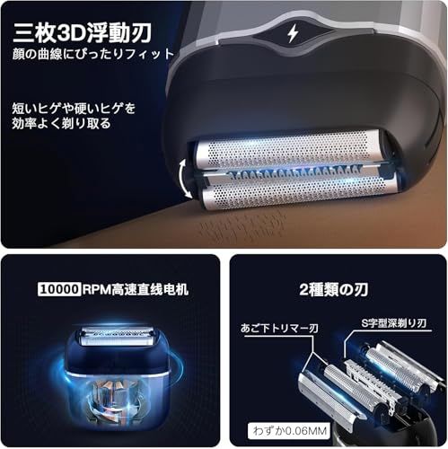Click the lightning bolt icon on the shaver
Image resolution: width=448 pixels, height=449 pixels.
click(293, 32)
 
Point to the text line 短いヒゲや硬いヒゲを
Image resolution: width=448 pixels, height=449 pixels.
click(74, 108)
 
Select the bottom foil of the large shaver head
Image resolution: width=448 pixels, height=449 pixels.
click(287, 194)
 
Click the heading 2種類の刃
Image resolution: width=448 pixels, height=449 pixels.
click(338, 291)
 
